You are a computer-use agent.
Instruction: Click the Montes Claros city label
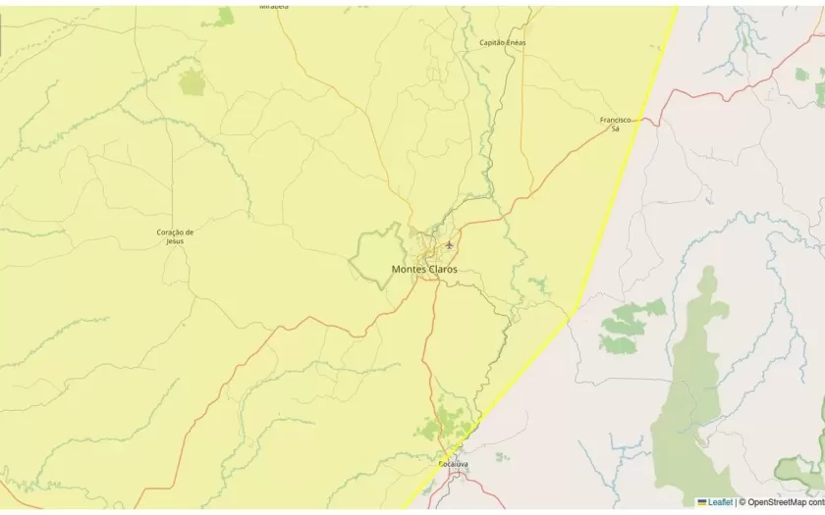pos(423,269)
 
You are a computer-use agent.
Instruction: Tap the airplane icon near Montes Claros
pos(450,243)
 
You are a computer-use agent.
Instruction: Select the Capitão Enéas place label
pos(502,43)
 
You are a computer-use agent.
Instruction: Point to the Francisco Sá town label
pos(615,124)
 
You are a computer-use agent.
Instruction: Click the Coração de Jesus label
pos(175,236)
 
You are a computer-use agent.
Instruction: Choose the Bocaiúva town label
pos(453,463)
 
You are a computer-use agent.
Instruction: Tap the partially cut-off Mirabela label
pos(274,6)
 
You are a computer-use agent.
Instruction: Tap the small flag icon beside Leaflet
pos(702,502)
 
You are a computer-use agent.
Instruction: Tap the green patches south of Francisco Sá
pos(629,324)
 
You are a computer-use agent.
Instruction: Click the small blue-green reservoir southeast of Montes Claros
pos(537,285)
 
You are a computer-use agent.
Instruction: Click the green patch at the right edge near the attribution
pos(800,471)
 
